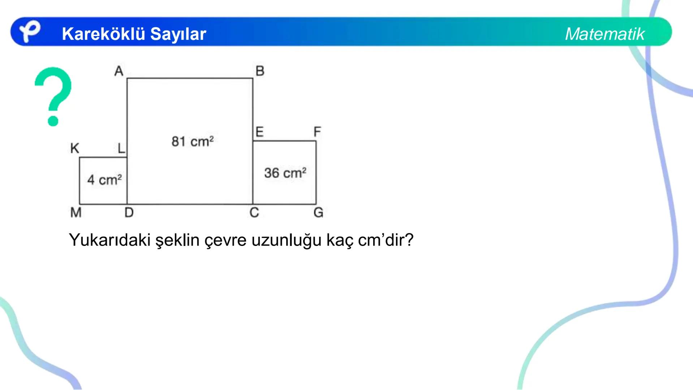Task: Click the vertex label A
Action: click(x=119, y=71)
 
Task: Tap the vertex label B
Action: click(x=260, y=71)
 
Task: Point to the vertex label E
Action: click(x=259, y=132)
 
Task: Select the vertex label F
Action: click(x=317, y=132)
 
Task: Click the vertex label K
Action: click(x=75, y=148)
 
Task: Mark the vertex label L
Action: click(x=121, y=148)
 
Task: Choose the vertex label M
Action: click(x=76, y=212)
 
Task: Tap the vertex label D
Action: click(x=129, y=212)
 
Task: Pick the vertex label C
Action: click(x=254, y=212)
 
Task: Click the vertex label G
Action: click(x=318, y=212)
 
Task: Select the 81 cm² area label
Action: click(x=193, y=142)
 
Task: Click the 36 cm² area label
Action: click(x=285, y=173)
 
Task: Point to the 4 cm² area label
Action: click(x=104, y=179)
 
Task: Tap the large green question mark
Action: click(x=53, y=96)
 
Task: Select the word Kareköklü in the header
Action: click(x=103, y=34)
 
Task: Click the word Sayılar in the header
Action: click(x=178, y=34)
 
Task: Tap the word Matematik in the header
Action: click(x=604, y=34)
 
